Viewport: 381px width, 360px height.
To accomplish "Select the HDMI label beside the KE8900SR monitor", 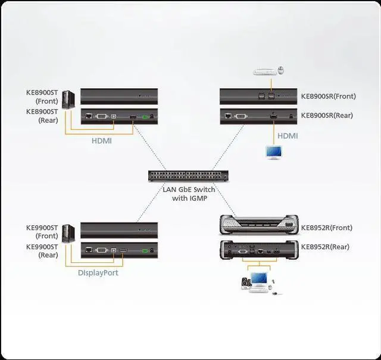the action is [288, 136].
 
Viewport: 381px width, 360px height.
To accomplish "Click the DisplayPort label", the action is [98, 273].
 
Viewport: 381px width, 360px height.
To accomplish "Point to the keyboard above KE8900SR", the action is [266, 72].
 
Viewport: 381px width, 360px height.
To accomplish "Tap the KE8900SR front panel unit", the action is [257, 96].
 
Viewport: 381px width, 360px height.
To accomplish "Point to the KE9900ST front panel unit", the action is [119, 230].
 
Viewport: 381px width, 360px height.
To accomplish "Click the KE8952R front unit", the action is [258, 226].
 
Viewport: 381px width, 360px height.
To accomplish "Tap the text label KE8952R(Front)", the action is [326, 228].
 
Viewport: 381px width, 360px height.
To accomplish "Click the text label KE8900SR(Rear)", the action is [327, 116].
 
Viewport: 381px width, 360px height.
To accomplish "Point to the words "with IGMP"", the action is [189, 198].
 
